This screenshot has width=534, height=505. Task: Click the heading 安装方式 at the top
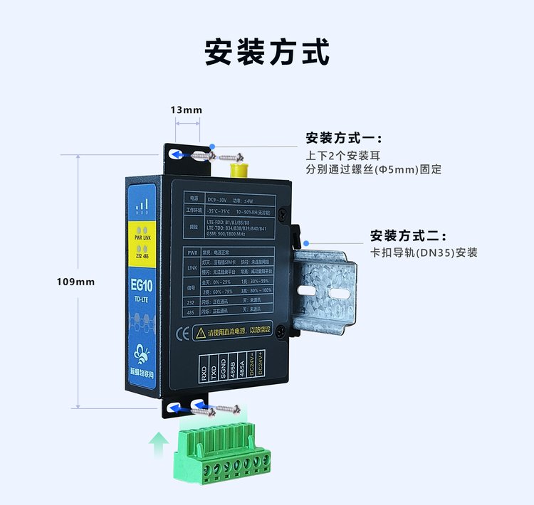coord(267,53)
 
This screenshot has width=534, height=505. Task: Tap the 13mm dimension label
coord(186,110)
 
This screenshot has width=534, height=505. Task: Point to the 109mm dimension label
coord(75,282)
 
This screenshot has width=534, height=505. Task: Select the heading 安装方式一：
coord(344,138)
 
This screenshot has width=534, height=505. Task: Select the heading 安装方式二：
coord(408,235)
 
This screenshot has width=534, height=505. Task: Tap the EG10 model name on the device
coord(142,285)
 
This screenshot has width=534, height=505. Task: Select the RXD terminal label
coord(204,372)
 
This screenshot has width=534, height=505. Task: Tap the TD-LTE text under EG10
coord(142,301)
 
